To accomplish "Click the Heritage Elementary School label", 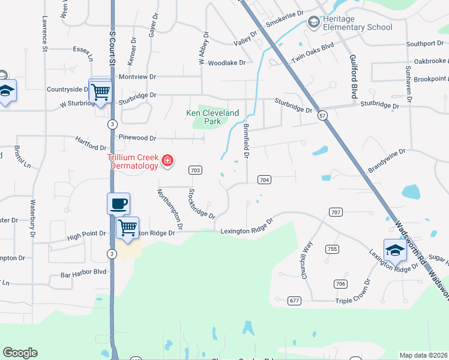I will point(357,23).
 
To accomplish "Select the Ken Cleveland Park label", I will point(212,117).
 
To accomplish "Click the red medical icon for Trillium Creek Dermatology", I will point(167,160).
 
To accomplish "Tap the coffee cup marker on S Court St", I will point(119,203).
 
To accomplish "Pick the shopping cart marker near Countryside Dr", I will point(101,91).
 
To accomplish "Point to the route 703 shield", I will point(195,170).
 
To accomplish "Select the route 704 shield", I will point(264,179).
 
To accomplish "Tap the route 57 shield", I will point(323,115).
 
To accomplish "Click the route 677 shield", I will point(294,300).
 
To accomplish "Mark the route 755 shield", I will point(331,248).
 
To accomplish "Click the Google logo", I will point(20,353).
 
